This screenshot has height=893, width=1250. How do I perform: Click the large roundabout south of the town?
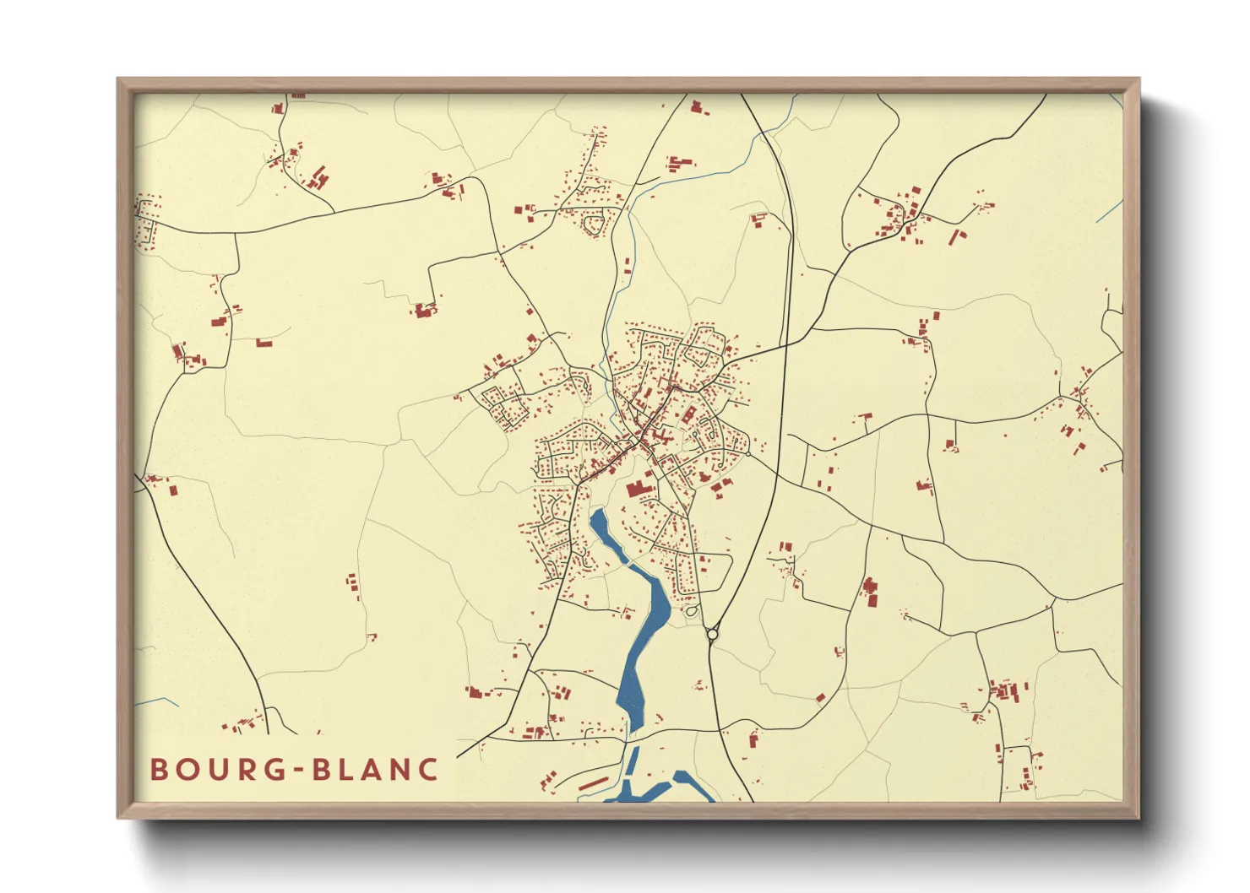(x=712, y=634)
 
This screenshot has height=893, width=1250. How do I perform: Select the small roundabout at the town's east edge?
(x=748, y=454)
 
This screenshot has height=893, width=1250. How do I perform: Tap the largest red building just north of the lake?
(x=636, y=489)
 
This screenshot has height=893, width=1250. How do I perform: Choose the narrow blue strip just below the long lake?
(x=632, y=764)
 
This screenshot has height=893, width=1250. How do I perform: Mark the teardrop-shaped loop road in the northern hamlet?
(x=595, y=225)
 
